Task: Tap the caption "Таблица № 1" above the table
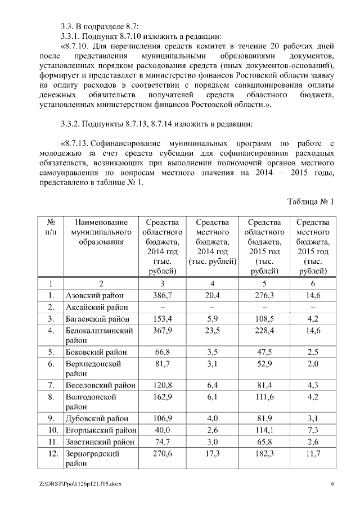click(x=311, y=201)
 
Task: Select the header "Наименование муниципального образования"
click(x=101, y=232)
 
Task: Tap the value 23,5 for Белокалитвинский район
click(x=211, y=331)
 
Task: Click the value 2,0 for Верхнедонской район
click(x=312, y=364)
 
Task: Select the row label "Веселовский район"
click(x=100, y=385)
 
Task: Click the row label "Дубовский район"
click(x=97, y=418)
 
